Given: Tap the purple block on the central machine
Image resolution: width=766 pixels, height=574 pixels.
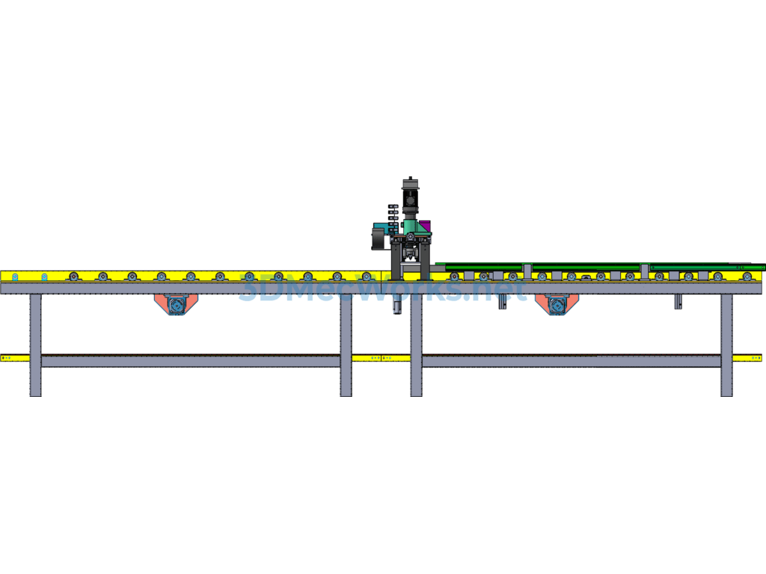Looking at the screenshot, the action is [425, 226].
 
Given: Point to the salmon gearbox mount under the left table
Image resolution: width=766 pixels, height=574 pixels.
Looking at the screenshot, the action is [176, 304].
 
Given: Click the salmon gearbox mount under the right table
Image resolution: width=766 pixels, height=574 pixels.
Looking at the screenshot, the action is [557, 304].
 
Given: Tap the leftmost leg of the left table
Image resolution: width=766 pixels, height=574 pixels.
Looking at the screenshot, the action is [36, 345].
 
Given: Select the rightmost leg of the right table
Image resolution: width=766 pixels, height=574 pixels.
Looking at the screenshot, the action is [727, 345].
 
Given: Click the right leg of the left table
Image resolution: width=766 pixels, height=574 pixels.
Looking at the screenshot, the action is [346, 345].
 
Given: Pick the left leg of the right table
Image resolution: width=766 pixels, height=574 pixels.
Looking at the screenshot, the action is [416, 345].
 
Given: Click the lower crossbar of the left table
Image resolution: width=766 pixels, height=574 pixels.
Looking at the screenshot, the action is [191, 361].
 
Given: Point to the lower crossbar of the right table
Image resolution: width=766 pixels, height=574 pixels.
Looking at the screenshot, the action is [572, 361].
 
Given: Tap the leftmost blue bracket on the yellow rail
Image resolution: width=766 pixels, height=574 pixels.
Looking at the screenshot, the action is [15, 277].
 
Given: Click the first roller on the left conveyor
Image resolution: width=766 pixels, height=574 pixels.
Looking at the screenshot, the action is [74, 277].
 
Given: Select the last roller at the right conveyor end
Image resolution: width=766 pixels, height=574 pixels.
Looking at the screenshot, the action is [747, 277].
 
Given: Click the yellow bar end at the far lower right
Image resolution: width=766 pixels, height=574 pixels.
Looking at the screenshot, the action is [747, 358].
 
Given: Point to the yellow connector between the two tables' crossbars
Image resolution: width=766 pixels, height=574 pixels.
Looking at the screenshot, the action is [381, 358].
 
